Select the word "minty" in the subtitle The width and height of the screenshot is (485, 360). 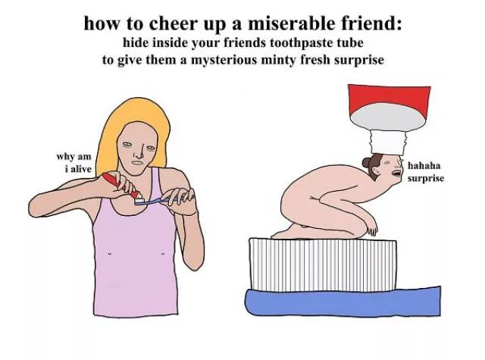[278, 60]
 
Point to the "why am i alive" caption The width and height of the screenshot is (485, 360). [74, 163]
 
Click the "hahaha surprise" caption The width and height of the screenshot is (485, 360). [426, 172]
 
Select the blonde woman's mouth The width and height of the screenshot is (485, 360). [137, 163]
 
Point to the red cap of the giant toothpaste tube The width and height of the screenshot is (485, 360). [389, 99]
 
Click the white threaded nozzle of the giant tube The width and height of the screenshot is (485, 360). [388, 142]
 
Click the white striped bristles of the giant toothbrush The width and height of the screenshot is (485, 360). [323, 265]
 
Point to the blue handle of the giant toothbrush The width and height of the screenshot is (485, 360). [343, 302]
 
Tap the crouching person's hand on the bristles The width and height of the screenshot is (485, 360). [372, 229]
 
